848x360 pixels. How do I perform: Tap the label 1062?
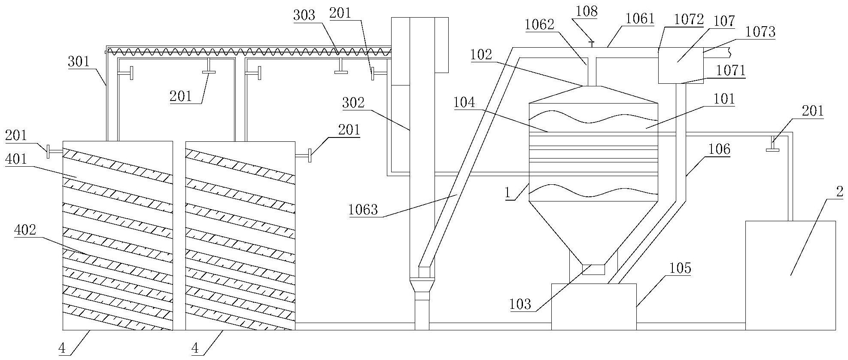[x=539, y=24]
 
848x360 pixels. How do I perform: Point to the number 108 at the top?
[x=587, y=12]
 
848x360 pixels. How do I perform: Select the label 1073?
[x=760, y=32]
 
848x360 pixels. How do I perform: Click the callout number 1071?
[x=730, y=70]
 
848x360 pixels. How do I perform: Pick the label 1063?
[x=363, y=210]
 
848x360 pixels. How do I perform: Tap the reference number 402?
[x=25, y=230]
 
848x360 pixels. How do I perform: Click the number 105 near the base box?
[x=680, y=268]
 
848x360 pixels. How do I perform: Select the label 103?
[x=520, y=305]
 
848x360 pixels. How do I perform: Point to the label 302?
[x=353, y=103]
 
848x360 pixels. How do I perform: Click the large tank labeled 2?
[x=790, y=275]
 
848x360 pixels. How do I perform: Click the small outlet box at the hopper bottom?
[x=593, y=270]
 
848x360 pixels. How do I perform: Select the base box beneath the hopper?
[x=593, y=306]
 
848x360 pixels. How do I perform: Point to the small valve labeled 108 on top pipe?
[x=591, y=43]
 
